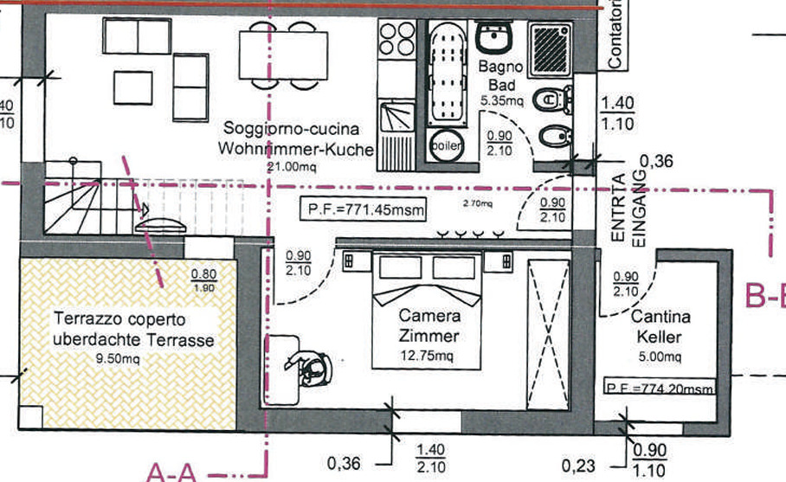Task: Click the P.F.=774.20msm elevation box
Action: click(662, 389)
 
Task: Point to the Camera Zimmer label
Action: click(428, 326)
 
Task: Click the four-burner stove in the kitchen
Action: click(397, 40)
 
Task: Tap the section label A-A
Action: click(172, 472)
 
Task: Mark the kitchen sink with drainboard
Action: click(397, 125)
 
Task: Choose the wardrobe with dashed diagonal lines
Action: click(547, 333)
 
